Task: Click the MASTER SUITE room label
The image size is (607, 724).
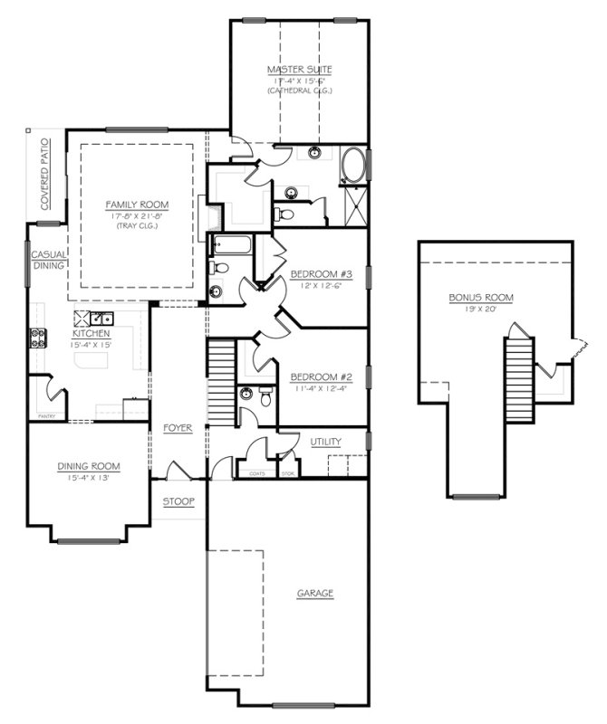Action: (x=298, y=70)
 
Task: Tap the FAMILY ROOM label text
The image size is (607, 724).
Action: (x=136, y=205)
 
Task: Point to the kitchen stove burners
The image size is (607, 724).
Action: (x=39, y=338)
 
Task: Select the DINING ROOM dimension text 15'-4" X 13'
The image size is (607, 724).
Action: (x=89, y=478)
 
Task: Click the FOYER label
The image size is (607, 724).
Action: (x=178, y=427)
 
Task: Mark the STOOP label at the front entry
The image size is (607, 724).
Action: (x=178, y=500)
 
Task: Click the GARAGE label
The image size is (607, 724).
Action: (x=315, y=594)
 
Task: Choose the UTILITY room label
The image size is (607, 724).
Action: (x=325, y=442)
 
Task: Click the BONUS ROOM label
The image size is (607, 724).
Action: (x=481, y=297)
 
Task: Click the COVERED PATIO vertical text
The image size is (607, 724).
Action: (x=44, y=174)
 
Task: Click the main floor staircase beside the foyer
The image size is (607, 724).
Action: (x=222, y=380)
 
